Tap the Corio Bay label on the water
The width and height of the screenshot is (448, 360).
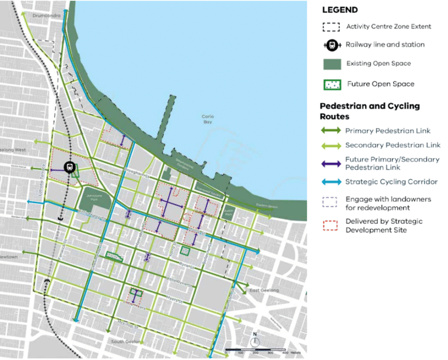(x=208, y=119)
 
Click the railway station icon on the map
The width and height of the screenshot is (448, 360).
(x=69, y=167)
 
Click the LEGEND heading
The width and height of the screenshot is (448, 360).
(x=339, y=10)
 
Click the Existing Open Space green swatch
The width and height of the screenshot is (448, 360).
(x=331, y=63)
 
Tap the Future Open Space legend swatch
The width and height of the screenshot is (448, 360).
(x=331, y=84)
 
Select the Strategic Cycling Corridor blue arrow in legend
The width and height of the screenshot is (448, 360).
(x=331, y=181)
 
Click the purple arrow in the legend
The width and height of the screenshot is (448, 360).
(x=331, y=163)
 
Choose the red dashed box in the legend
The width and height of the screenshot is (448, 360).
(x=331, y=225)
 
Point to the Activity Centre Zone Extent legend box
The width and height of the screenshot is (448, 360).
(x=331, y=26)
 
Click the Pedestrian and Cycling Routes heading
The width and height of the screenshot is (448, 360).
(x=369, y=110)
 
